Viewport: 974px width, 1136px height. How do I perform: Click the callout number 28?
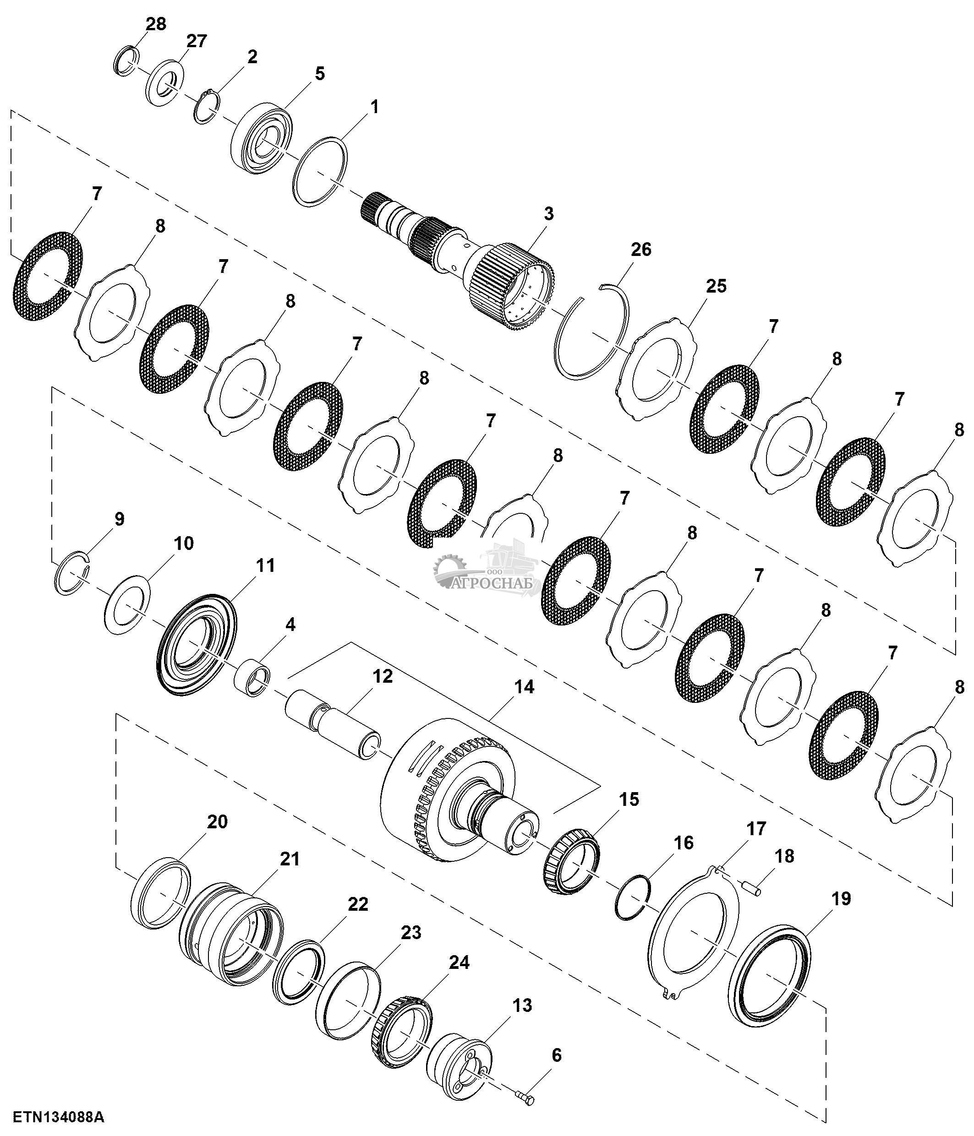156,25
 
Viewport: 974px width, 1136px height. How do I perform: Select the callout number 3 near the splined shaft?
548,213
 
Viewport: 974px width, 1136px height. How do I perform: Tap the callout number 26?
640,250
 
